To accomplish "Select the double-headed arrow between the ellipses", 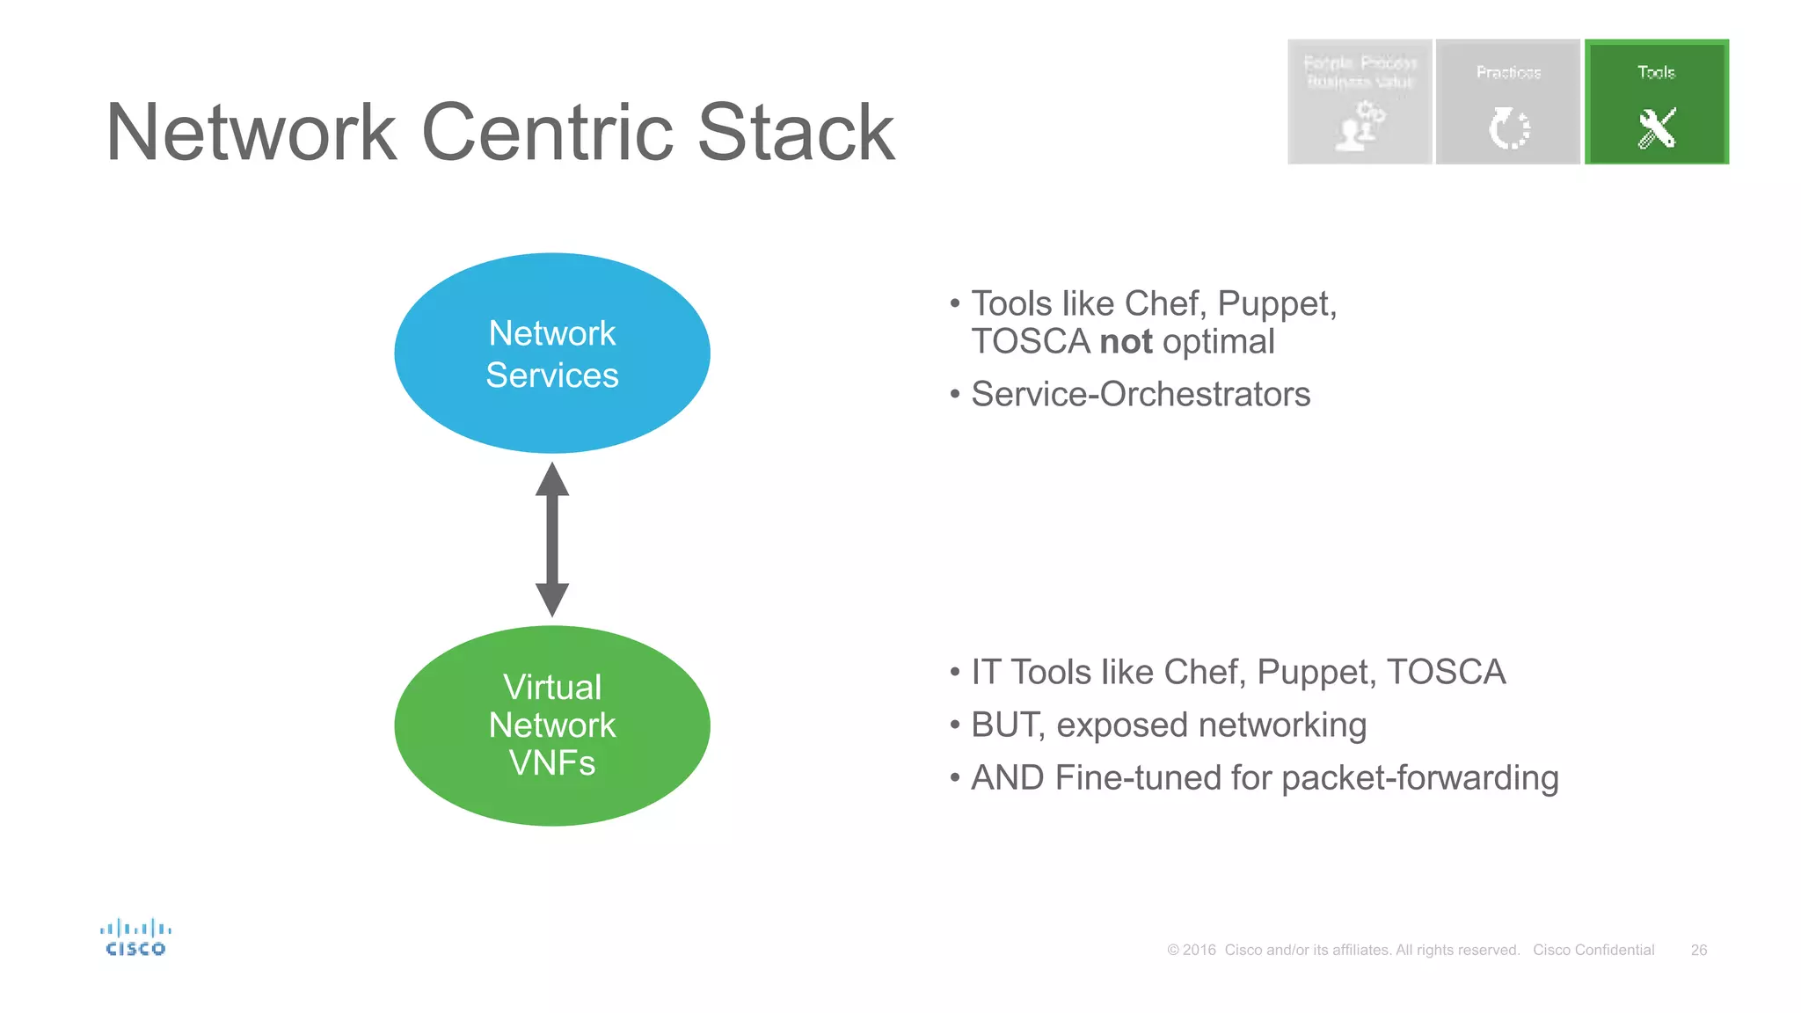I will click(551, 539).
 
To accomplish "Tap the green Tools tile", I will click(1656, 101).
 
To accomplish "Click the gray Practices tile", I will click(1507, 101).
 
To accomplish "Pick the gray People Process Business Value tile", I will click(1360, 101).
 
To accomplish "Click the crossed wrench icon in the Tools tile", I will click(1657, 128).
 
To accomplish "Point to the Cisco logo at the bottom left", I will click(135, 937).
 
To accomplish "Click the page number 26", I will click(1698, 950).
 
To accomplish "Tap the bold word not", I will click(1126, 342).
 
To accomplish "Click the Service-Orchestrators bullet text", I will click(1140, 394).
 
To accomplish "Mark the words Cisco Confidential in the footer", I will click(1593, 950).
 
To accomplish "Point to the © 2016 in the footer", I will click(1192, 950).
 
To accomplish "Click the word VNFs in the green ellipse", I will click(551, 763).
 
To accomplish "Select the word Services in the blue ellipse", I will click(551, 375).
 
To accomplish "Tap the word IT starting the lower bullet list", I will click(985, 673).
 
